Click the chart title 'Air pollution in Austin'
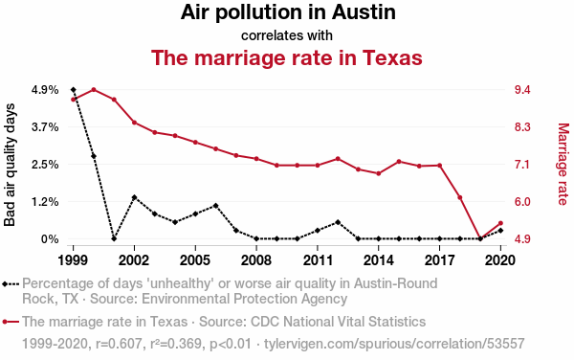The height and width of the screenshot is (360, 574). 288,12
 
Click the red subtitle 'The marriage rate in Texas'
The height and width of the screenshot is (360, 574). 287,57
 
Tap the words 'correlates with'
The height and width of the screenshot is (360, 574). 287,35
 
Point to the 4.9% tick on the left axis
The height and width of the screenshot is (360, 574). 45,90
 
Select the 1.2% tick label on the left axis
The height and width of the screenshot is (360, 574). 45,202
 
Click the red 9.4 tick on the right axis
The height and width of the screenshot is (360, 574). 522,90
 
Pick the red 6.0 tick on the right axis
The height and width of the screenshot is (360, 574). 522,202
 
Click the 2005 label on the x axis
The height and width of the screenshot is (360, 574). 195,260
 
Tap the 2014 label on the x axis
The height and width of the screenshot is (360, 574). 379,260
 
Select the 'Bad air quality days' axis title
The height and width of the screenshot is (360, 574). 10,165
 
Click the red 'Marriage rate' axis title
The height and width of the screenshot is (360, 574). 563,164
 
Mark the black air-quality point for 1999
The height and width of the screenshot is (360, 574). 74,90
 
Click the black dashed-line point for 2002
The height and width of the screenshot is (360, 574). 134,197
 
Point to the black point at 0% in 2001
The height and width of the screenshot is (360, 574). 114,238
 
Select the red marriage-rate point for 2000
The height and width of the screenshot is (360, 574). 94,90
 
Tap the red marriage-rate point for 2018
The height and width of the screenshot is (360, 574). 460,197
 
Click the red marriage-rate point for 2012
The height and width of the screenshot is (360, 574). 338,159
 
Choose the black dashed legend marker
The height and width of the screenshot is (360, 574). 11,283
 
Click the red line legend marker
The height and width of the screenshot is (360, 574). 11,322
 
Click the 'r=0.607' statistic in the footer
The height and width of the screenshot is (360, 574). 119,344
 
